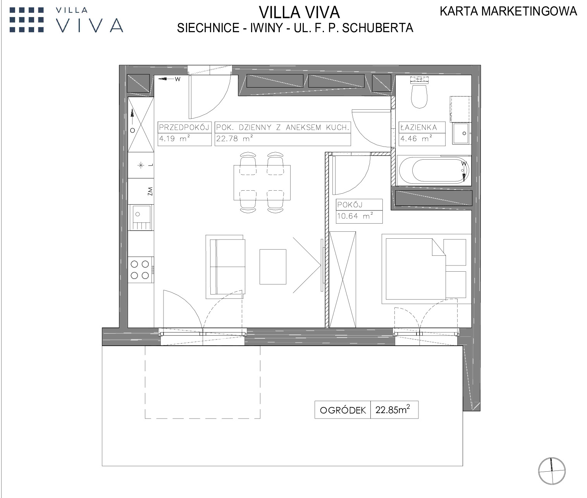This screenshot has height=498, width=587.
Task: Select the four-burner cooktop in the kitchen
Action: (141, 270)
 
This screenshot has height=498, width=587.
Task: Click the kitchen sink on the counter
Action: (141, 217)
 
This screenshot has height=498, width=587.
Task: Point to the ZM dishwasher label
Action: (150, 191)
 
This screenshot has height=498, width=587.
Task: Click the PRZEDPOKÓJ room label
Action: (184, 127)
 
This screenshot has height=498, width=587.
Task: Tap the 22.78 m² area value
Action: (234, 138)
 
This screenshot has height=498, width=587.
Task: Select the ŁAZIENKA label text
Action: (419, 128)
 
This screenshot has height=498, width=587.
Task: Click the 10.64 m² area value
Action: (355, 215)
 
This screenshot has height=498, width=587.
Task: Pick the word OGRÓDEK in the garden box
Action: (343, 410)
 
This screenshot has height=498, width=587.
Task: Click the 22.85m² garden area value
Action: (393, 409)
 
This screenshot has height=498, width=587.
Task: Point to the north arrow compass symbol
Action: (552, 471)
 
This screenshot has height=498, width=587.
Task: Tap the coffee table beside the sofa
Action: (273, 267)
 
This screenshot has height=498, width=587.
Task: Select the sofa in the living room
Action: (226, 267)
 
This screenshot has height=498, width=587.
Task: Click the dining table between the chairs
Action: (262, 183)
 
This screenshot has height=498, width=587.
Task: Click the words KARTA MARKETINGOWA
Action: (508, 11)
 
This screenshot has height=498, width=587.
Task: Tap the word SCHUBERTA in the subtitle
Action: (378, 28)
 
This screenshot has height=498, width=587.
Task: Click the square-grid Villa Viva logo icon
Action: (27, 20)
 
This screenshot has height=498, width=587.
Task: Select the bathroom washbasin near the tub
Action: (461, 133)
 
